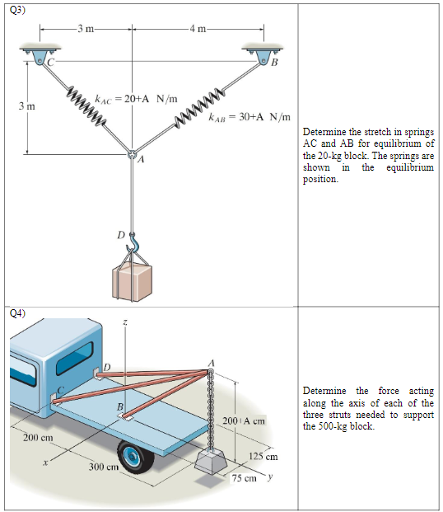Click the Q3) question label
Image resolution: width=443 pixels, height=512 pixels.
tap(17, 10)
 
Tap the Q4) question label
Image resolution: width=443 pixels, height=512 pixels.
tap(17, 313)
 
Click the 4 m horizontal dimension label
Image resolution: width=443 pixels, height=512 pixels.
tap(198, 30)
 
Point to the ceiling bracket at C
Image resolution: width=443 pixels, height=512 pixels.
tap(40, 54)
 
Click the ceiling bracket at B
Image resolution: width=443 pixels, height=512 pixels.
tap(263, 54)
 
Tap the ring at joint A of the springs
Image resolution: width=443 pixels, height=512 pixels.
tap(132, 154)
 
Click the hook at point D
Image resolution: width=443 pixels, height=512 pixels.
tap(133, 242)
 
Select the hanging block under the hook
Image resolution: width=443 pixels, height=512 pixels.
tap(132, 282)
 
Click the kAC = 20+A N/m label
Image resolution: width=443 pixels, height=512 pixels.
tap(136, 99)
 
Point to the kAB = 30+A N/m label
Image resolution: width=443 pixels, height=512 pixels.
tap(249, 117)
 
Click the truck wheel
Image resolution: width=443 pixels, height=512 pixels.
tap(135, 457)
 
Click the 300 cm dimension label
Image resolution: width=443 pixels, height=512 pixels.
tap(104, 467)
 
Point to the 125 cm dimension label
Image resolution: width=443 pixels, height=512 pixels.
tap(263, 456)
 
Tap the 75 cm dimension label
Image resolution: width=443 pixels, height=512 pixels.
tap(245, 478)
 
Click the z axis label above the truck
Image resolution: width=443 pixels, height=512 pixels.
tap(124, 323)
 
